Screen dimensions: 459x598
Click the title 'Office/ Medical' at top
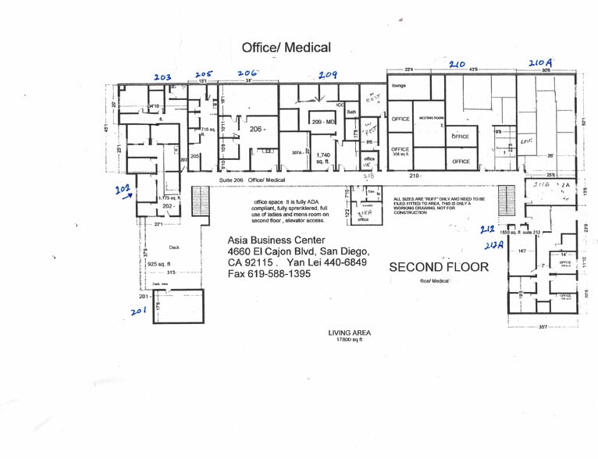coord(286,48)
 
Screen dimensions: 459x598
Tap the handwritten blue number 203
coord(162,76)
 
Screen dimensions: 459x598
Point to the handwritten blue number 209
coord(327,74)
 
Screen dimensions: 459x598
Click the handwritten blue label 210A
coord(540,63)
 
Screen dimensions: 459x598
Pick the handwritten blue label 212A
coord(493,244)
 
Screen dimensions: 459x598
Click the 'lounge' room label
coord(400,85)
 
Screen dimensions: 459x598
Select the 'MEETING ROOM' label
coord(431,118)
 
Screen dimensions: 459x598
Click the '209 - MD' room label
coord(322,123)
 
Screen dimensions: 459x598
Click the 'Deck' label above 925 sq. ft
coord(174,247)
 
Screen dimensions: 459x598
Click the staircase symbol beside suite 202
coord(201,194)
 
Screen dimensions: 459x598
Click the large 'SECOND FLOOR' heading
coord(439,267)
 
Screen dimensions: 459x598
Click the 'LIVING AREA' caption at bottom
coord(349,333)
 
